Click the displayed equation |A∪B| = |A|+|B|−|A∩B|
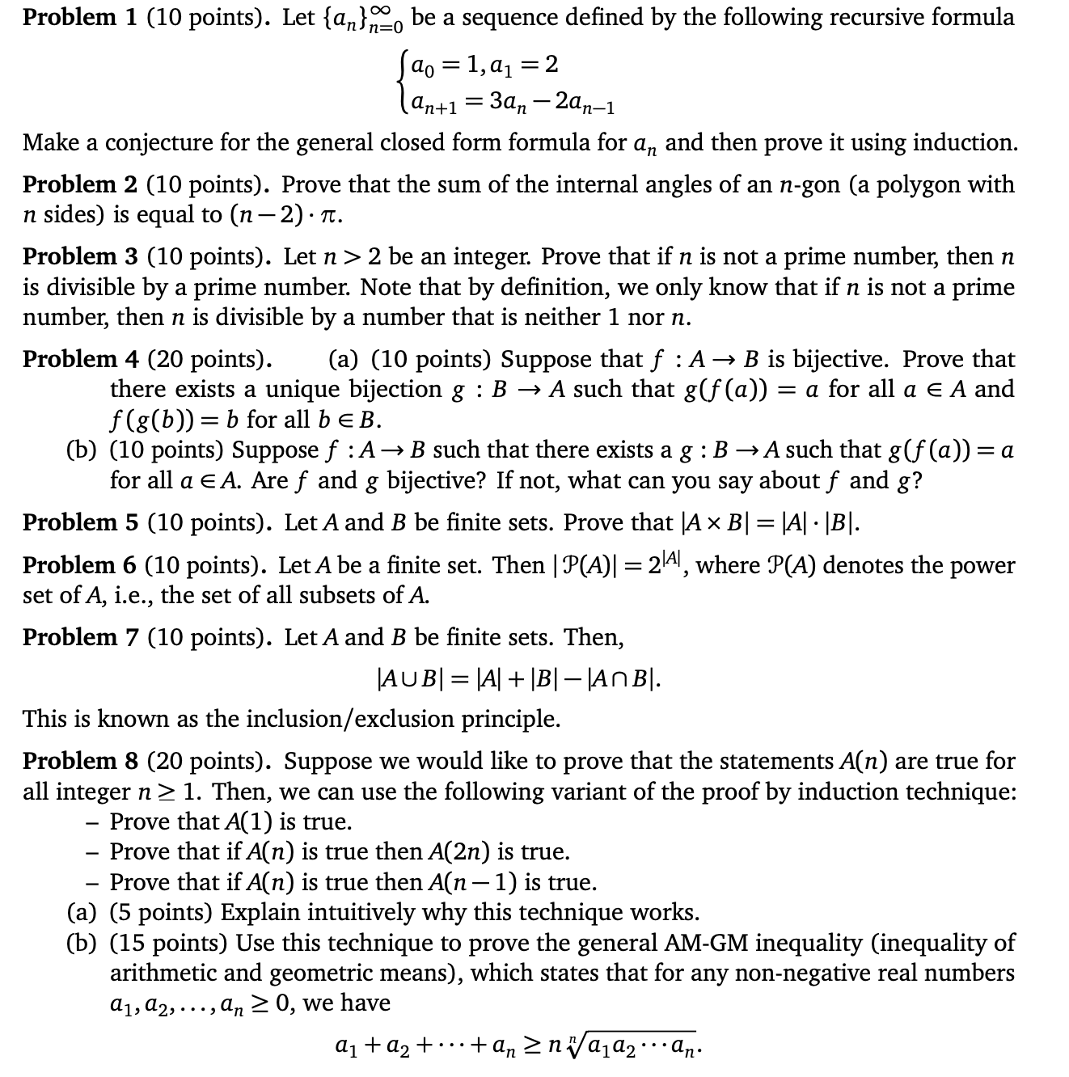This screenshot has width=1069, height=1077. pos(519,678)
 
